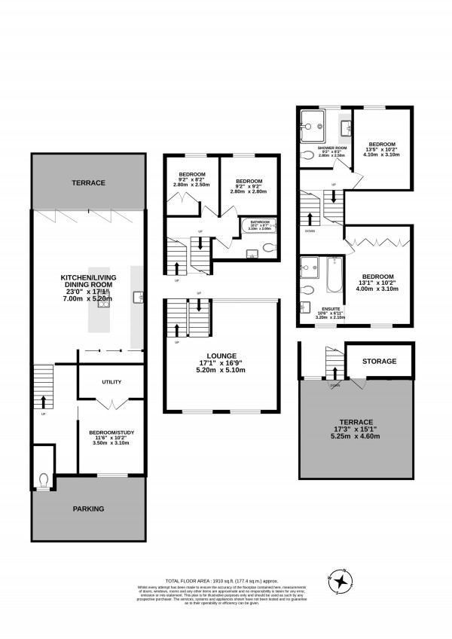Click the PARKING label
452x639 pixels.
click(88, 509)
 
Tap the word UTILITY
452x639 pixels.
click(111, 382)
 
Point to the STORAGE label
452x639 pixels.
click(379, 362)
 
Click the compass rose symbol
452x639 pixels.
click(341, 581)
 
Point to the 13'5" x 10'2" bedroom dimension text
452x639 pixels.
click(383, 148)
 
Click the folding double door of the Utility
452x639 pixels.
click(111, 405)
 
